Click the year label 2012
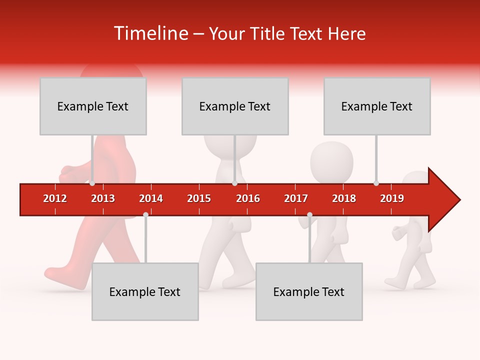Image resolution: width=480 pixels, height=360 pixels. tap(55, 198)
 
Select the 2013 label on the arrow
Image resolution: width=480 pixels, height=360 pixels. tap(103, 198)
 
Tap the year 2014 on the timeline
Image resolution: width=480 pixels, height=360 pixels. tap(151, 198)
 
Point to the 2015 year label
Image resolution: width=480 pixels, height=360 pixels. tap(199, 198)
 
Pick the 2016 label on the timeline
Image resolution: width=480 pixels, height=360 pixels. tap(248, 198)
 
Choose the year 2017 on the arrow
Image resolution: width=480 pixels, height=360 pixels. tap(296, 198)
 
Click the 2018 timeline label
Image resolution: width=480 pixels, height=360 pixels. tap(344, 198)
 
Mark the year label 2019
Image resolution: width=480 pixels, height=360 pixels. tap(392, 198)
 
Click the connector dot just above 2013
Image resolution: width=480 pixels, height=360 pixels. tap(92, 183)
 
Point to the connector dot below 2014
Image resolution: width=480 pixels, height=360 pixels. tap(145, 214)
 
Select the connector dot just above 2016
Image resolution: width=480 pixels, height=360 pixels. tap(234, 183)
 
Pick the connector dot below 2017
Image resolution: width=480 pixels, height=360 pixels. tap(309, 214)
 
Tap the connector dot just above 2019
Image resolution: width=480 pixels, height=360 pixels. tap(376, 183)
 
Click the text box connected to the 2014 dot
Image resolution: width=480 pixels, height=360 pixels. tap(145, 291)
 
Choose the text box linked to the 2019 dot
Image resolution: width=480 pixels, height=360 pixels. tap(377, 106)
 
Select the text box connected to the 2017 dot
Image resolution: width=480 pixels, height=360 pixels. tap(309, 291)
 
